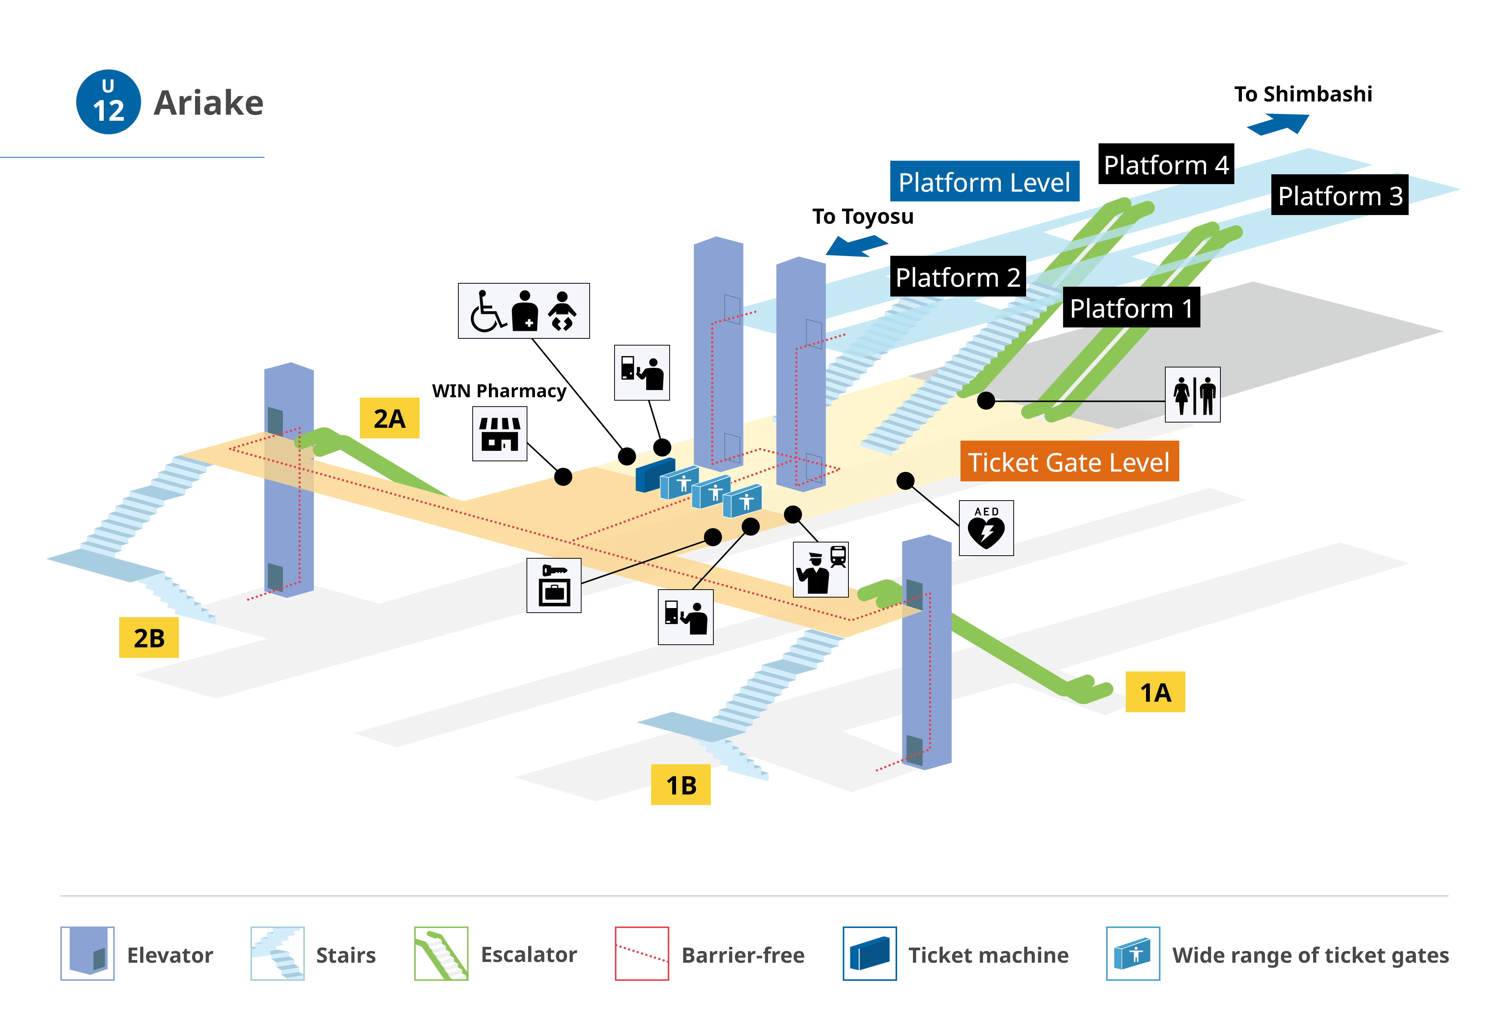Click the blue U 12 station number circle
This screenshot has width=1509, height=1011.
point(108,102)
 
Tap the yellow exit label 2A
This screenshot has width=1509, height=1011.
point(389,418)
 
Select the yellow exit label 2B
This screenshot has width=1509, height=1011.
point(149,638)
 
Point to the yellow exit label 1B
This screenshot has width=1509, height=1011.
point(681,785)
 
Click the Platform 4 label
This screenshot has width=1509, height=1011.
point(1166,164)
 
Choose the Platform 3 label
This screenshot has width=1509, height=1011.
point(1340,195)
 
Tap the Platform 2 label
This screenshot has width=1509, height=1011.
point(958,277)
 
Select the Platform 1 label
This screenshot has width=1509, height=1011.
point(1131,307)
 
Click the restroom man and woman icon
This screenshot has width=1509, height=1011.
point(1192,395)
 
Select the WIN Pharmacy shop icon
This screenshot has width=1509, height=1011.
point(499,433)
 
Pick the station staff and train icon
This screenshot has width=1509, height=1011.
point(821,569)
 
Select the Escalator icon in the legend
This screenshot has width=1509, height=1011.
point(441,954)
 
